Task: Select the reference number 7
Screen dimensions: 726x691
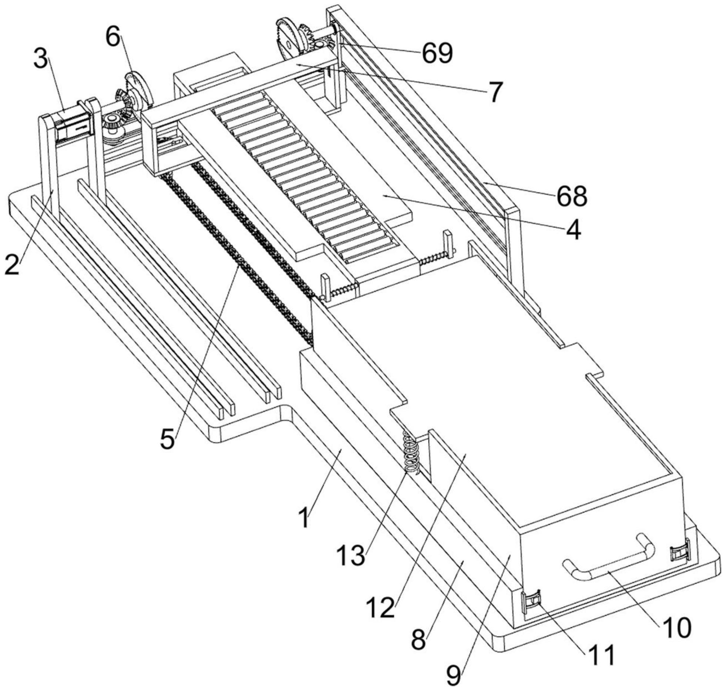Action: pos(495,91)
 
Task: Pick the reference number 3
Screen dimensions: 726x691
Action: pos(41,59)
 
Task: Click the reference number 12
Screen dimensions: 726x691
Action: pos(381,607)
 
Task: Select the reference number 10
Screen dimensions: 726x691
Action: pos(675,627)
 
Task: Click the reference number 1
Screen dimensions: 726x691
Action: pos(304,518)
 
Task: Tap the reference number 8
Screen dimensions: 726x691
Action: pos(419,639)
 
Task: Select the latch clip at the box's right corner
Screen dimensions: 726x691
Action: pos(680,554)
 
